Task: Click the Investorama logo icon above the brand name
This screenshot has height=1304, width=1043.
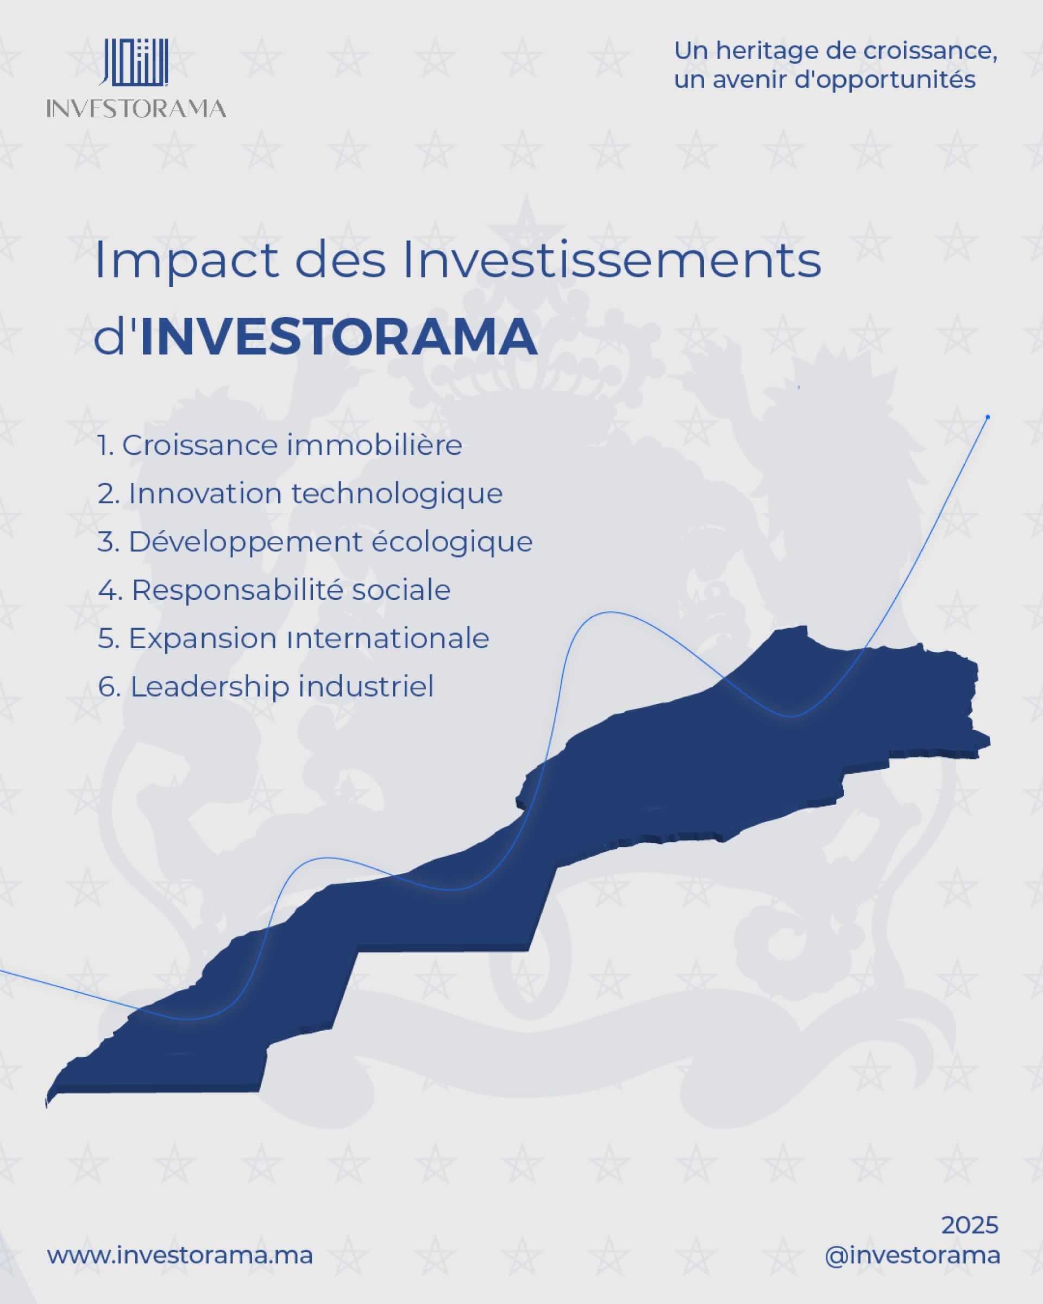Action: click(134, 63)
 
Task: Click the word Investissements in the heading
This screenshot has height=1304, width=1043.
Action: click(611, 260)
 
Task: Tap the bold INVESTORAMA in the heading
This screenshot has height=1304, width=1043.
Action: click(338, 337)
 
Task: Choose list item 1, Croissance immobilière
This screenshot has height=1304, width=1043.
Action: click(279, 446)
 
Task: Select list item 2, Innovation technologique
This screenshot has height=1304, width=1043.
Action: click(300, 494)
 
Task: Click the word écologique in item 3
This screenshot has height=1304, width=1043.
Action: click(451, 542)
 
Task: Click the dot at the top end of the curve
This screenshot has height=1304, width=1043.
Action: click(988, 417)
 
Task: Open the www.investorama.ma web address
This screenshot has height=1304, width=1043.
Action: click(180, 1256)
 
